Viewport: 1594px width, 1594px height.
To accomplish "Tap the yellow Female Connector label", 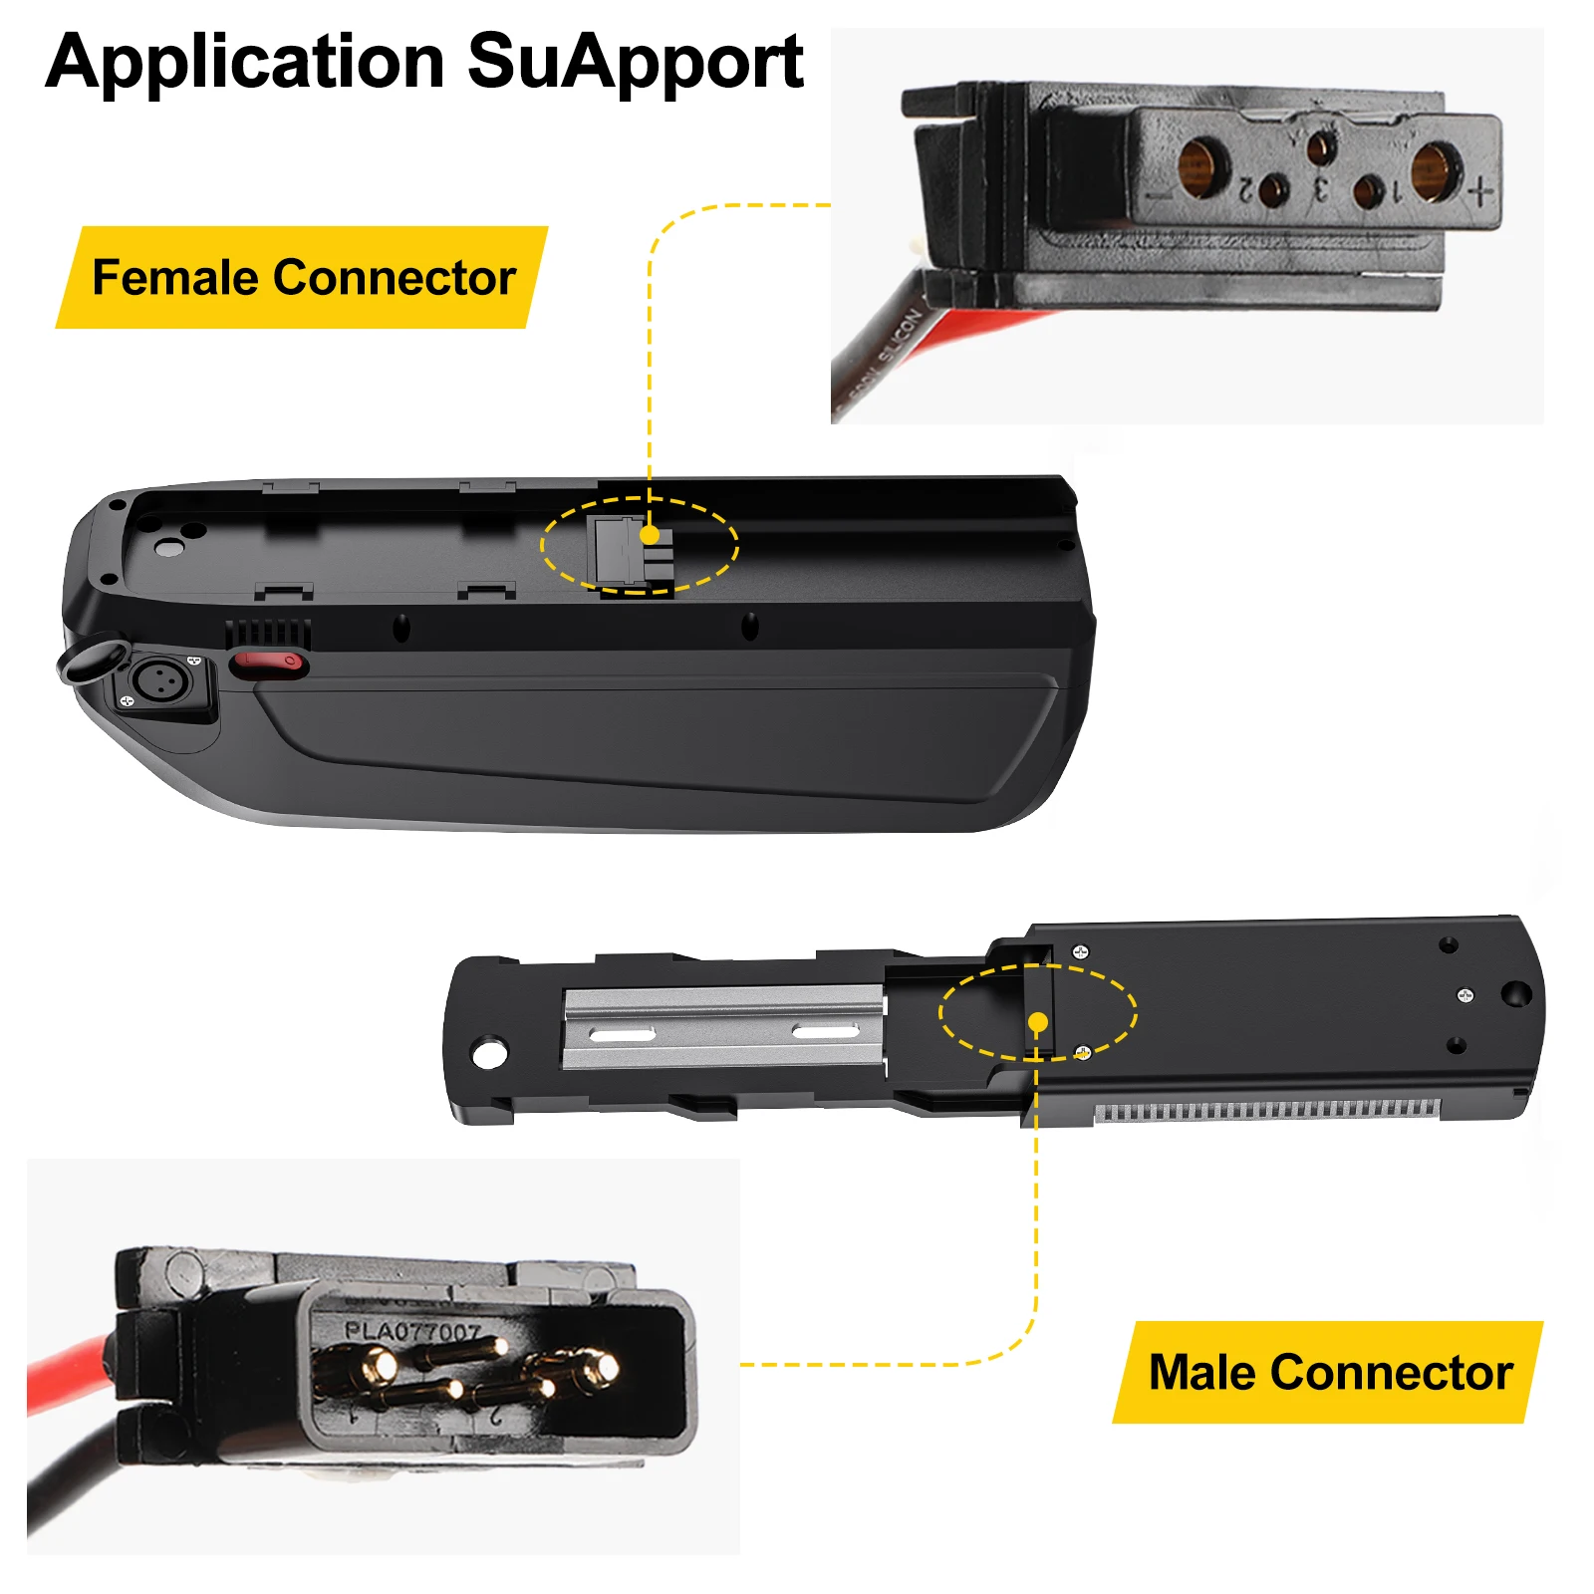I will pos(303,277).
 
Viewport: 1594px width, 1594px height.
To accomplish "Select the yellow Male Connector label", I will pos(1330,1372).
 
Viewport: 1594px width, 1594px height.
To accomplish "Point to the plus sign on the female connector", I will pos(1481,190).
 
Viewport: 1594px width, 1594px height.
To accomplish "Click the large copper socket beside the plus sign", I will pos(1435,167).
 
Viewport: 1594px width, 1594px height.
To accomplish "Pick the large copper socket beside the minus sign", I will pos(1202,165).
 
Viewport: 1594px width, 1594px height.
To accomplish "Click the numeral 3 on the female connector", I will pos(1320,188).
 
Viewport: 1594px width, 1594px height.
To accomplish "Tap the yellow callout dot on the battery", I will pos(650,536).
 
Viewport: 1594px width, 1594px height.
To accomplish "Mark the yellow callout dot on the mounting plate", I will pos(1037,1022).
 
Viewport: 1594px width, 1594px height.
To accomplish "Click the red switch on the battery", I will pos(267,662).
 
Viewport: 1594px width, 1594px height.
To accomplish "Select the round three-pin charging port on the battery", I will pos(161,681).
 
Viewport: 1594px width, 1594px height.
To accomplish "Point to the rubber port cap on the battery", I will pos(90,661).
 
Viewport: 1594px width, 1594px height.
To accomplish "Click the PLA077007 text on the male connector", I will pos(412,1331).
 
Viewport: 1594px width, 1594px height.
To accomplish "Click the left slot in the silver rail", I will pos(622,1036).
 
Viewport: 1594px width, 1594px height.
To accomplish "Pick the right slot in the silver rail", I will pos(825,1031).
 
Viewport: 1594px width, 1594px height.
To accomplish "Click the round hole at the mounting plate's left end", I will pos(489,1052).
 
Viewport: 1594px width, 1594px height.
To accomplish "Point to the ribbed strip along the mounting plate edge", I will pos(1265,1110).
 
